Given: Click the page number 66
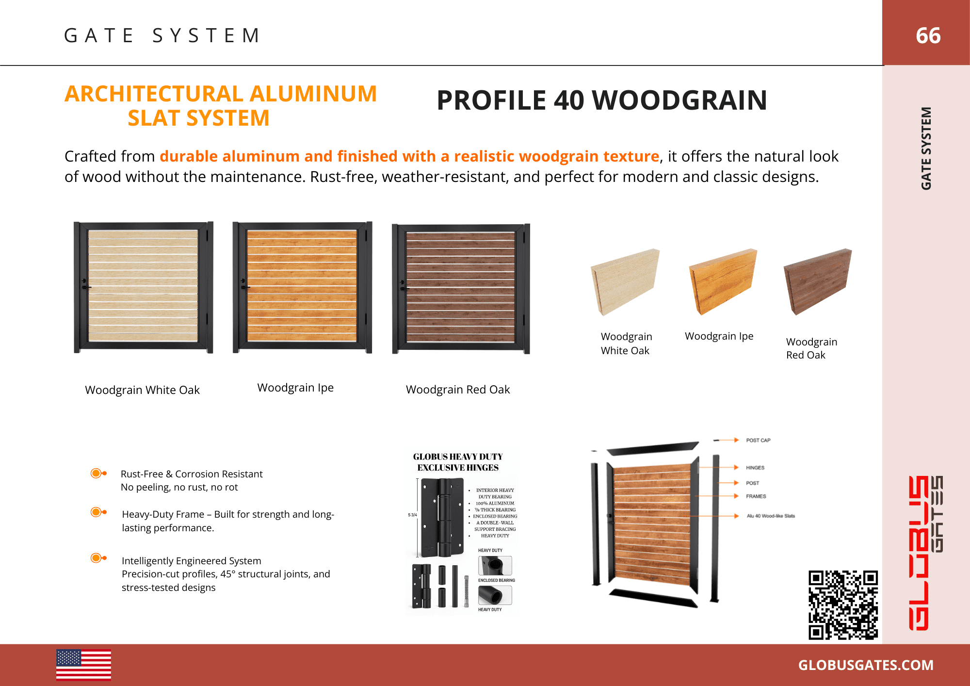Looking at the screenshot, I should [x=928, y=35].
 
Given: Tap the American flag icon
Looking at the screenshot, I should [x=83, y=665].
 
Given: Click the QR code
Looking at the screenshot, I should [x=843, y=605].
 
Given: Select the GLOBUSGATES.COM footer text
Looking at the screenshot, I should [x=866, y=665].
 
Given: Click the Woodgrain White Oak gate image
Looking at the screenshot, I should [x=143, y=287].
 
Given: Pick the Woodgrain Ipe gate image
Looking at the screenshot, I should [x=302, y=287].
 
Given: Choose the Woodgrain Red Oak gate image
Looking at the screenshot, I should [x=461, y=289].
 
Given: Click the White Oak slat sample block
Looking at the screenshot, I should [x=625, y=281].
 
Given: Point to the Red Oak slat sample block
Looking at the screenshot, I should [x=818, y=281].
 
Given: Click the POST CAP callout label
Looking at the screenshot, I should [x=758, y=441].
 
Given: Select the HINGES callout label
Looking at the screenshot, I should [x=755, y=468].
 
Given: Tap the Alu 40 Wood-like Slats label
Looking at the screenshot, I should [x=771, y=516].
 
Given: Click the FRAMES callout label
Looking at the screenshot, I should [x=756, y=496].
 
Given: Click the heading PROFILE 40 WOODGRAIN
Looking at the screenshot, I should [x=601, y=100].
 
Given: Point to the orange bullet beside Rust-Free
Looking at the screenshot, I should [x=97, y=473].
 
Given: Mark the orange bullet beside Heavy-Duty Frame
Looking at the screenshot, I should [x=97, y=512].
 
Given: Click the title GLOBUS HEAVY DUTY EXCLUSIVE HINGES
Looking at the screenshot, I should [x=458, y=462].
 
